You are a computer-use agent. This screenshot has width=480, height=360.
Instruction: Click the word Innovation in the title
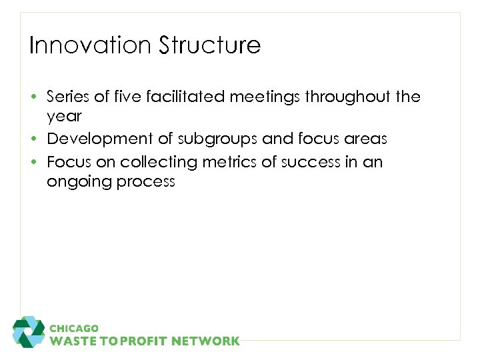click(x=89, y=45)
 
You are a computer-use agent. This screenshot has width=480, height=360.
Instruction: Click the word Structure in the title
click(x=209, y=45)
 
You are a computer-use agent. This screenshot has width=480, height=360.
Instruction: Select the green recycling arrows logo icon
click(x=29, y=332)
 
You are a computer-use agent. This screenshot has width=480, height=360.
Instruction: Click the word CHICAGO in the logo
click(x=74, y=328)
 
